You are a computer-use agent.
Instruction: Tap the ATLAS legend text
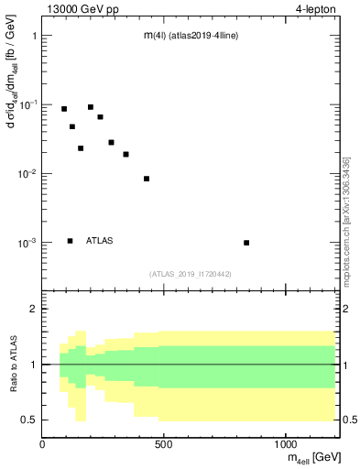point(100,241)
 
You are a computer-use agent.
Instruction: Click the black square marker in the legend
point(70,241)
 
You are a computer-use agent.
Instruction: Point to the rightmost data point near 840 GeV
point(246,243)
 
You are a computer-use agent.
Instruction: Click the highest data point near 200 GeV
point(91,107)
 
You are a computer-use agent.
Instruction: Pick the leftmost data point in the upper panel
point(64,109)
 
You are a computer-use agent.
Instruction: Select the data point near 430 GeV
point(147,179)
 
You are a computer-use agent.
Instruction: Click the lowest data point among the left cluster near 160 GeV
point(81,148)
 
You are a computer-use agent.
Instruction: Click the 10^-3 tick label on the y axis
point(28,244)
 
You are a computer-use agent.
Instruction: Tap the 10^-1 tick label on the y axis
point(28,105)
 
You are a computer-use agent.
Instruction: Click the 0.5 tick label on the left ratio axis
point(30,420)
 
